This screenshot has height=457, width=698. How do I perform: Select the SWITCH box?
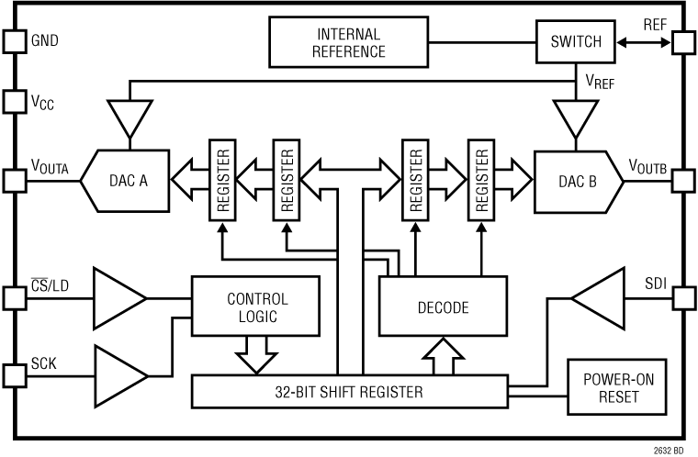(575, 41)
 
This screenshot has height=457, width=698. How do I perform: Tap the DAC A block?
(129, 181)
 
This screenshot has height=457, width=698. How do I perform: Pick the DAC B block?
(577, 181)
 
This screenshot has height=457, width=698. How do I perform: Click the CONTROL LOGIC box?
(256, 307)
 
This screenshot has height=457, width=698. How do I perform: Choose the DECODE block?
(444, 307)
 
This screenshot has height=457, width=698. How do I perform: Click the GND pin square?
(14, 41)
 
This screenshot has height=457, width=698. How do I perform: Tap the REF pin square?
(683, 41)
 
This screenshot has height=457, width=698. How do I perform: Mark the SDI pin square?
(683, 298)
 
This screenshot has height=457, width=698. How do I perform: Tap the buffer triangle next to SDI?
(596, 298)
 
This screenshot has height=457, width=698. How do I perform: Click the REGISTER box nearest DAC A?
(221, 181)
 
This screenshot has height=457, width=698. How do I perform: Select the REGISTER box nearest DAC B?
(479, 181)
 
